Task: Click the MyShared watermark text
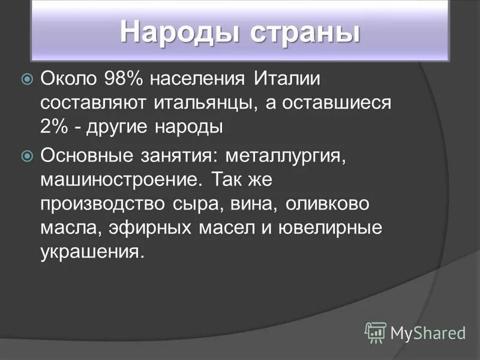[x=428, y=332]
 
